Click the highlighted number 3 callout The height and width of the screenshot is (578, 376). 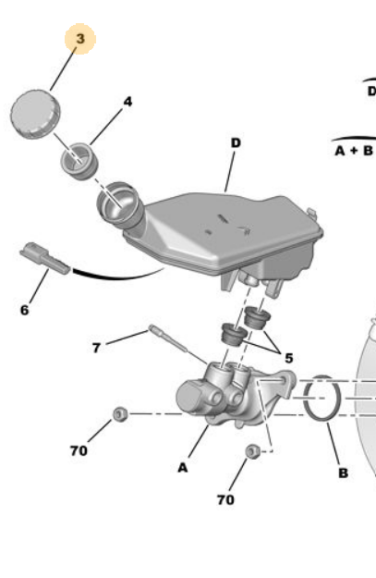click(80, 39)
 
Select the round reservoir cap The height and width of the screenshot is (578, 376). click(35, 114)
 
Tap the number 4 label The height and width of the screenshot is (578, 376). click(127, 102)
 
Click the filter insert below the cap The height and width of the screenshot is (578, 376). click(79, 161)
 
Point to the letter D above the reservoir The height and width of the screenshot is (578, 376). click(236, 142)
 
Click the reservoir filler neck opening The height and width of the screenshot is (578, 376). click(119, 203)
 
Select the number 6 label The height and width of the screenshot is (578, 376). click(24, 310)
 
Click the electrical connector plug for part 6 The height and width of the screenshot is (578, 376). click(44, 258)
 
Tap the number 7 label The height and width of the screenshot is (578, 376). click(96, 348)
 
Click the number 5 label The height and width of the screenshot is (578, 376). click(289, 358)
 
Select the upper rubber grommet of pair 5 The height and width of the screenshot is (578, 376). click(257, 317)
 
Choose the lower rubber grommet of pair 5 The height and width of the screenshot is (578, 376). click(234, 334)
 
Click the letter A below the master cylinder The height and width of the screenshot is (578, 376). click(183, 467)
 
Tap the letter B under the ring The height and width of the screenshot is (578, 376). click(343, 473)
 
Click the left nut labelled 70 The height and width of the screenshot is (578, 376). click(120, 414)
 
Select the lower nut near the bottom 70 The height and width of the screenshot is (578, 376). click(252, 451)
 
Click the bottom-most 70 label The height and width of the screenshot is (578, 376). click(225, 499)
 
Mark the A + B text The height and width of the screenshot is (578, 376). click(354, 151)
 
